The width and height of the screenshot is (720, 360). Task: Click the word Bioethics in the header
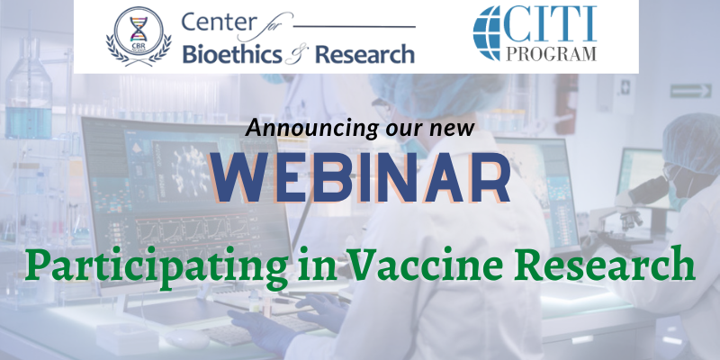click(232, 54)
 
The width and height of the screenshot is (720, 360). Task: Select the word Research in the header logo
click(364, 55)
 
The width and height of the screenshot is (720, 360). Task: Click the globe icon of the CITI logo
click(486, 33)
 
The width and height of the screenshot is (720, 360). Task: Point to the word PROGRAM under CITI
click(551, 53)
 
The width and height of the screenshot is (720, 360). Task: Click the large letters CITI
click(551, 23)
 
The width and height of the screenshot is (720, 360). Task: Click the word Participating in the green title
click(154, 268)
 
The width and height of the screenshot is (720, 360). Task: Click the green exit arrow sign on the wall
click(690, 91)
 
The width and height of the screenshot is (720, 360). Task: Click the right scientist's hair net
click(691, 143)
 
